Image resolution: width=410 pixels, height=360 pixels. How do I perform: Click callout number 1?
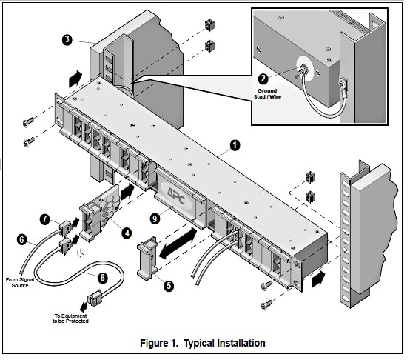click(x=235, y=145)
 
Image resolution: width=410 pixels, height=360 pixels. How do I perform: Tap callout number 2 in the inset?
click(x=263, y=79)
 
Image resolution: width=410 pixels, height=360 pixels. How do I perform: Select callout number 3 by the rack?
click(x=67, y=40)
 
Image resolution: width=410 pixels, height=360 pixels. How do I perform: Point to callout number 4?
click(x=127, y=233)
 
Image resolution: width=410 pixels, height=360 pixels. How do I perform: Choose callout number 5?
click(x=169, y=285)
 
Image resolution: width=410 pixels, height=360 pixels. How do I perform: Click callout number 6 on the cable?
click(x=21, y=240)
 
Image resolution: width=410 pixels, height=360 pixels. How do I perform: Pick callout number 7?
click(x=44, y=219)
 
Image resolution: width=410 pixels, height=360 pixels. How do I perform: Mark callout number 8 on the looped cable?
click(x=103, y=278)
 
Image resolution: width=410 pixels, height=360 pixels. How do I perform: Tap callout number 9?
click(x=155, y=219)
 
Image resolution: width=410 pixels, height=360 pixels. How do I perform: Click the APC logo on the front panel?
click(x=176, y=196)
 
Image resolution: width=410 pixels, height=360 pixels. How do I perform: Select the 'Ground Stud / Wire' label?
click(x=267, y=93)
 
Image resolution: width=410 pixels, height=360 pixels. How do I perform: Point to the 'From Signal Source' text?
click(x=20, y=282)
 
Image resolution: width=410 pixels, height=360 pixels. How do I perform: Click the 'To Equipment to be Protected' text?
click(x=70, y=319)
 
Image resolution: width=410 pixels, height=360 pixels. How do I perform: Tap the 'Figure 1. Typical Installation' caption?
click(x=203, y=343)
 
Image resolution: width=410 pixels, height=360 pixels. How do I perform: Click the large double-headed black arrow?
click(x=178, y=243)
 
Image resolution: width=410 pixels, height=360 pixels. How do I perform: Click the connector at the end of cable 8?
click(x=95, y=298)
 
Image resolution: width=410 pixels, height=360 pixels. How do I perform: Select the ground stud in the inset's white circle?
click(x=304, y=70)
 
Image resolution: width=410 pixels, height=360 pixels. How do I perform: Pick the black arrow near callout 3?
click(x=75, y=79)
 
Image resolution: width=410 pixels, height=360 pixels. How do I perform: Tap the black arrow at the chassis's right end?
click(x=318, y=279)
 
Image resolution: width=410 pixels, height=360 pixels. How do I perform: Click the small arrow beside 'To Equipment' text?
click(x=84, y=307)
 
